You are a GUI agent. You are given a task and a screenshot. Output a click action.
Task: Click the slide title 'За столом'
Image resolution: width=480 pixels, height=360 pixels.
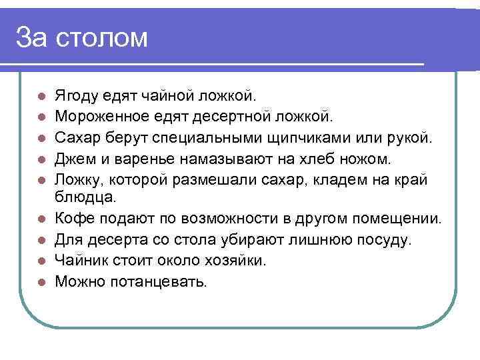pyautogui.click(x=81, y=37)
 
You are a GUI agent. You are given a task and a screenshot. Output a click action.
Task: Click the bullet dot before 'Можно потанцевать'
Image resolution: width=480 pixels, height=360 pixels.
pyautogui.click(x=41, y=281)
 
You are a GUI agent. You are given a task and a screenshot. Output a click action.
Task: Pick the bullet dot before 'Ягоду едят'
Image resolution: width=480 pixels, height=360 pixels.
pyautogui.click(x=41, y=97)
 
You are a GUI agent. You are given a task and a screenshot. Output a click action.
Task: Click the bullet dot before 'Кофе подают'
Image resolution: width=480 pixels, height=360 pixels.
pyautogui.click(x=41, y=219)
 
